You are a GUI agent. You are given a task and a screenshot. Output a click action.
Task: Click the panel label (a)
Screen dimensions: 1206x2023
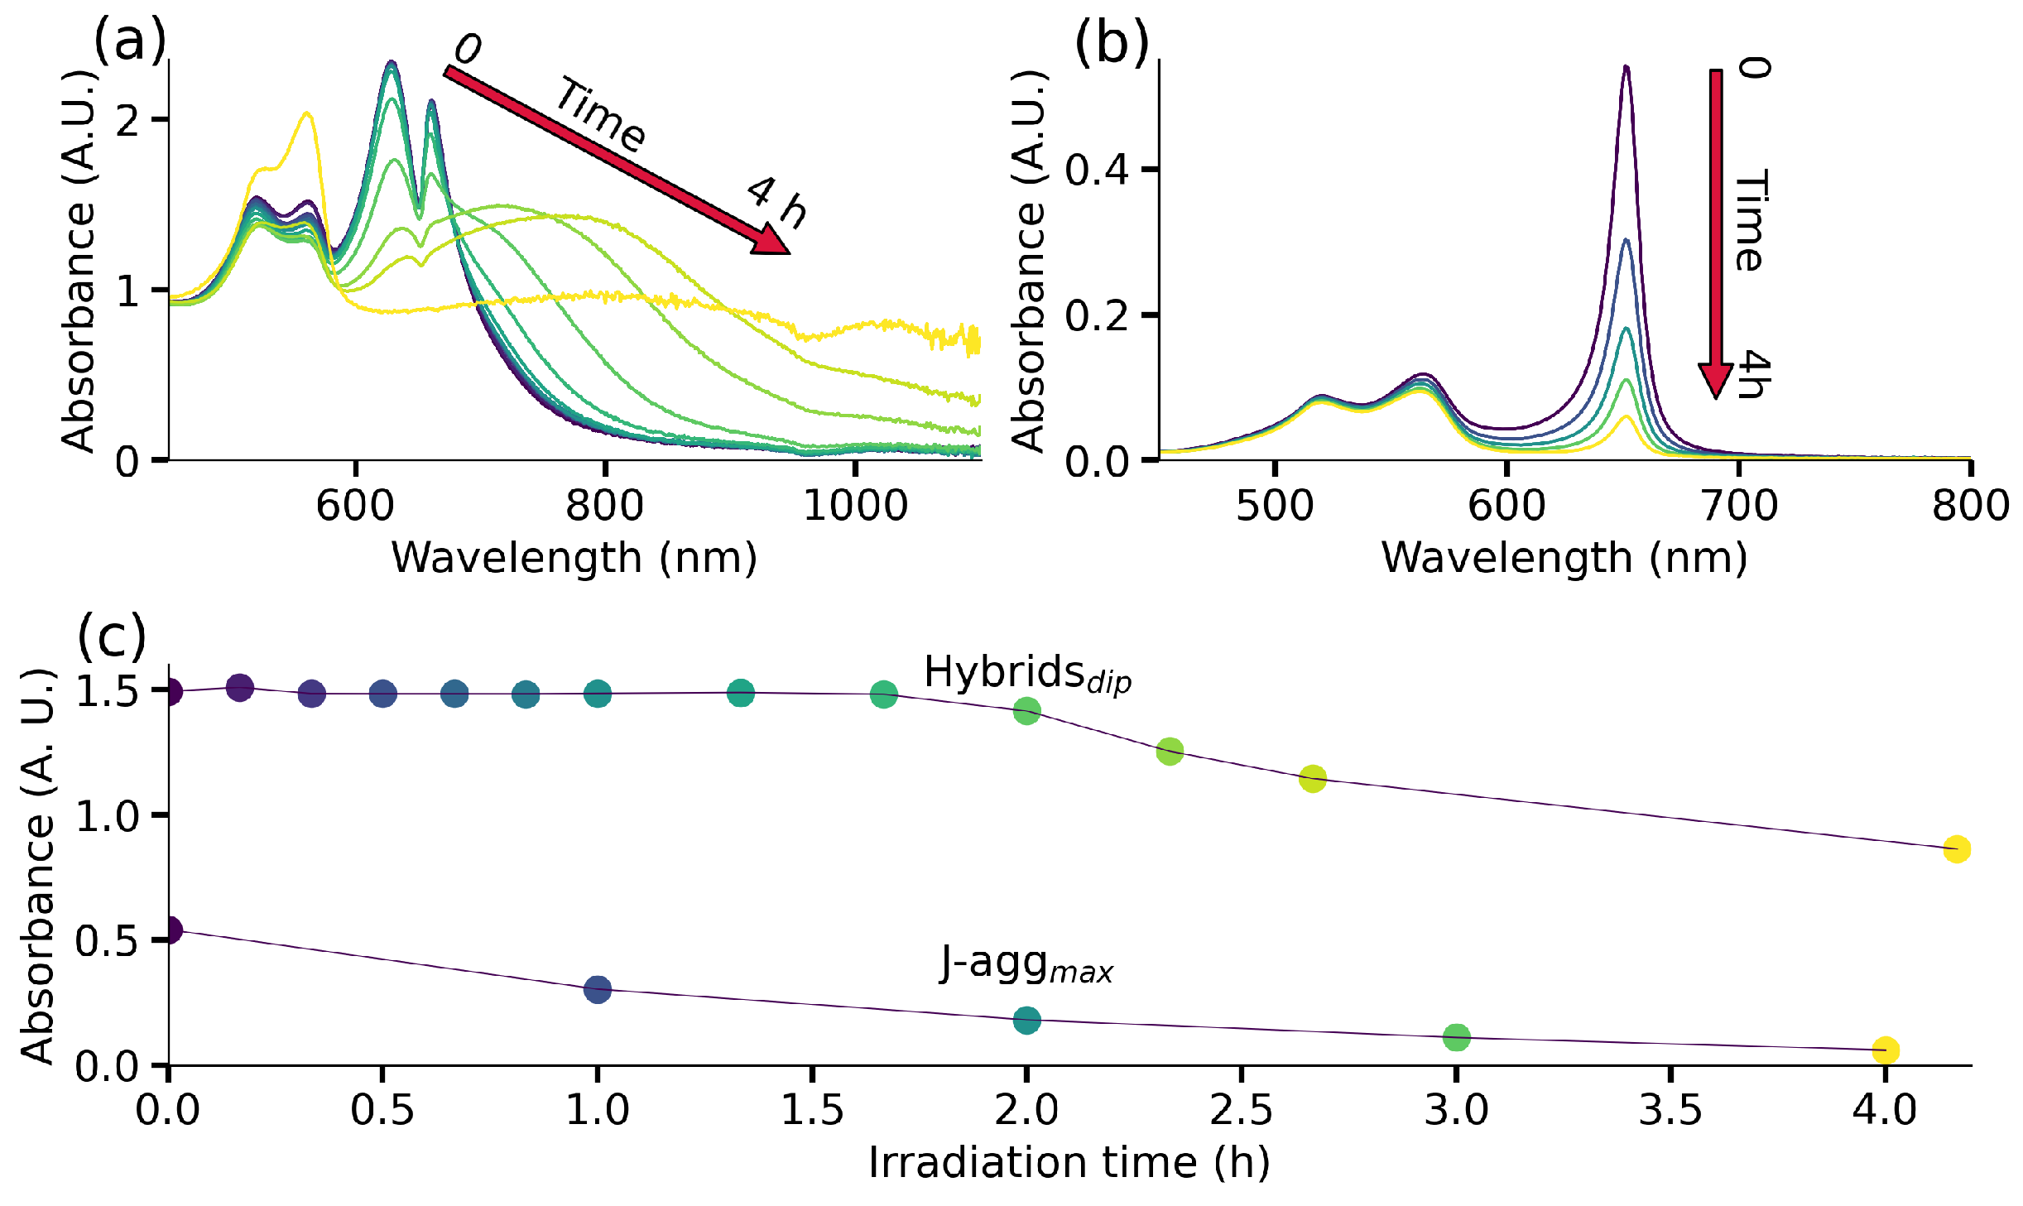[x=130, y=40]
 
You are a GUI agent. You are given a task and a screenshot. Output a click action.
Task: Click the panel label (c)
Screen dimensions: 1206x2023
[x=112, y=636]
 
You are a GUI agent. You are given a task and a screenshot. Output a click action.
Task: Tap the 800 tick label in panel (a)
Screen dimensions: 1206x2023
[x=604, y=505]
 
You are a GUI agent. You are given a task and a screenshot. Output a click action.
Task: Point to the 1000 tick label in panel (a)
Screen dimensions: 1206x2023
[x=855, y=505]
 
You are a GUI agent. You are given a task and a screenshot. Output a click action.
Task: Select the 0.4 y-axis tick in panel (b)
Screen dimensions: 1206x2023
[x=1097, y=170]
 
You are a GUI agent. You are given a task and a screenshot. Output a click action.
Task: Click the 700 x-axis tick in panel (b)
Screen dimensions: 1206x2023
[x=1738, y=505]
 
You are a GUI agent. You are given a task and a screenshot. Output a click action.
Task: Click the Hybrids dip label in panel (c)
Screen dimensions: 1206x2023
[x=1026, y=673]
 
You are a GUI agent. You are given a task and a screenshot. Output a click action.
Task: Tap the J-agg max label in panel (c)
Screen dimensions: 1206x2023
[x=1026, y=965]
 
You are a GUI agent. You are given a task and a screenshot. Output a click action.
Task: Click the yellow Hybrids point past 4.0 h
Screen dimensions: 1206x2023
[x=1957, y=849]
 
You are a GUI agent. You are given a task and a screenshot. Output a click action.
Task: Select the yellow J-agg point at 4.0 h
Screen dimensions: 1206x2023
[x=1886, y=1050]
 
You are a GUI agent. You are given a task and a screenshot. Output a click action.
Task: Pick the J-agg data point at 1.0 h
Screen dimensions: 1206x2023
[x=598, y=989]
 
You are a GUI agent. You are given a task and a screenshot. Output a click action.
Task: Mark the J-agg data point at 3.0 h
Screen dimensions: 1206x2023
[x=1456, y=1037]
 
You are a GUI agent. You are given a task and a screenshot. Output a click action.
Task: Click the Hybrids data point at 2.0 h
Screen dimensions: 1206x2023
[x=1026, y=711]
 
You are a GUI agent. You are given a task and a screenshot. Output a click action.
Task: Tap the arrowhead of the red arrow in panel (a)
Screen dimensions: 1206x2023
[x=770, y=241]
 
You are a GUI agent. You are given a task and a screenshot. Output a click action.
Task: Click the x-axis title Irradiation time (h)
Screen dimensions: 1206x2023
[x=1069, y=1162]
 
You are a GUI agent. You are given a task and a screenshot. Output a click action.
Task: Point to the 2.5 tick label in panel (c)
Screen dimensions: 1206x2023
[x=1241, y=1110]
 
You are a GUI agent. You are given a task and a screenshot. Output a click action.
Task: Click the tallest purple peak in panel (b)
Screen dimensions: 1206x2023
[x=1627, y=68]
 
